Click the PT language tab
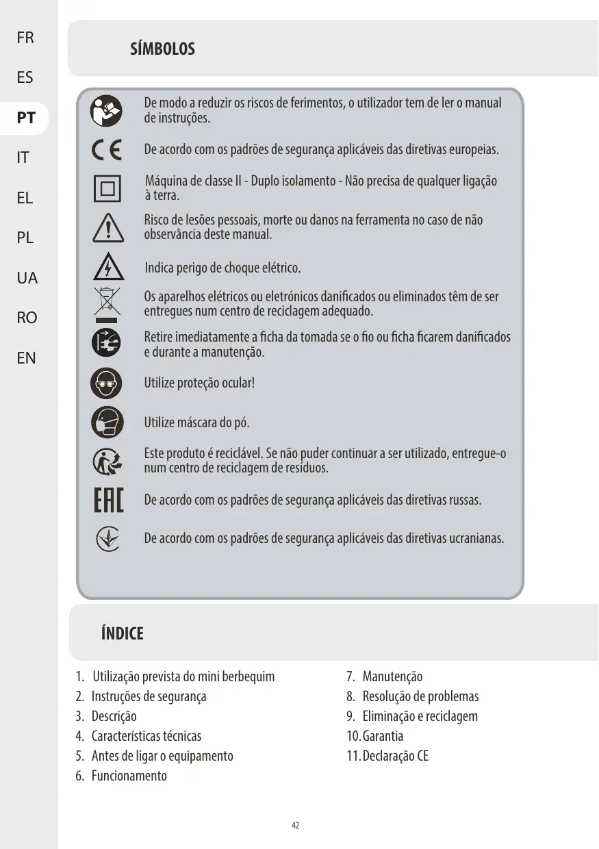tap(26, 118)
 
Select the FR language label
tap(25, 38)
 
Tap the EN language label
tap(26, 357)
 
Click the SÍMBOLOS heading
tap(162, 49)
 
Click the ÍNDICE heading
tap(122, 633)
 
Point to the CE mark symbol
tap(107, 150)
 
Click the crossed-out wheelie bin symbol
tap(107, 305)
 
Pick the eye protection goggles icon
tap(107, 383)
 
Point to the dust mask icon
tap(107, 422)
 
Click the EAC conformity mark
tap(107, 500)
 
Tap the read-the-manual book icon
tap(107, 111)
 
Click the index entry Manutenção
tap(392, 676)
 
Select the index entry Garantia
tap(383, 736)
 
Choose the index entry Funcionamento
tap(129, 776)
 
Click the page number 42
tap(296, 825)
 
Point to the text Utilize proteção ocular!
tap(199, 383)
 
